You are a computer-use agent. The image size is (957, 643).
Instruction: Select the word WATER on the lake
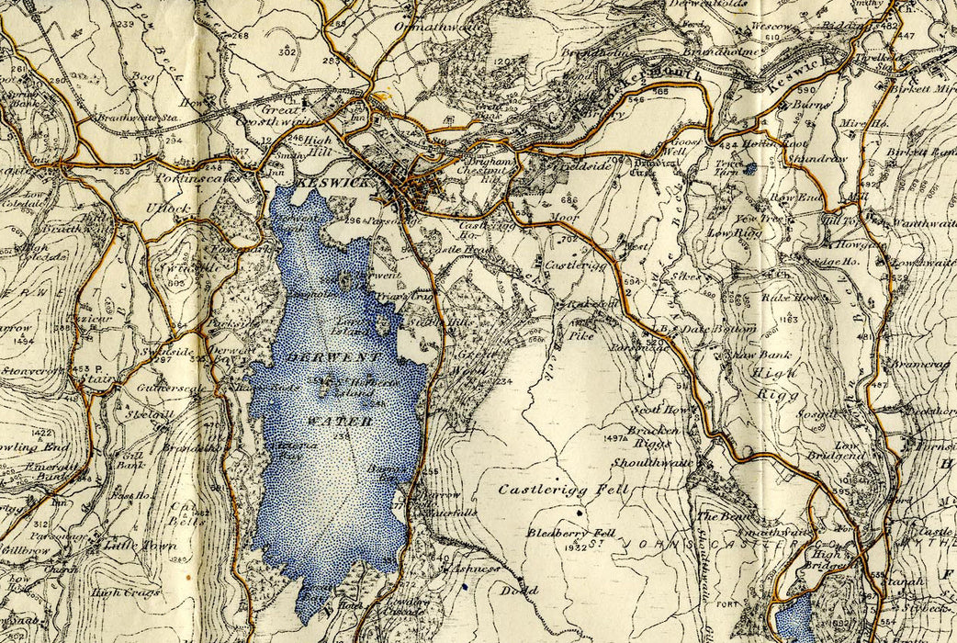pyautogui.click(x=341, y=422)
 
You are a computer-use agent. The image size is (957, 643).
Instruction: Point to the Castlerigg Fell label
pyautogui.click(x=563, y=491)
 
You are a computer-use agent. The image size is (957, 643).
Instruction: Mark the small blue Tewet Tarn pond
pyautogui.click(x=751, y=168)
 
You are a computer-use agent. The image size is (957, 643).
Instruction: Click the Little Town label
pyautogui.click(x=127, y=546)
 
